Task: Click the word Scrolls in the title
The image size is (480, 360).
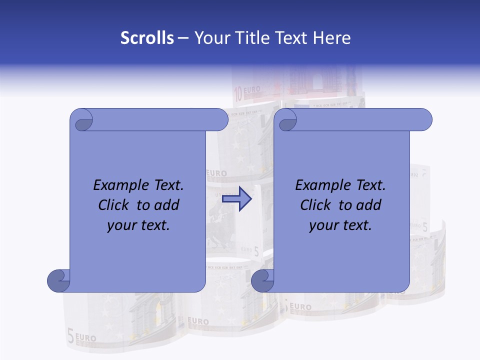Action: [x=147, y=38]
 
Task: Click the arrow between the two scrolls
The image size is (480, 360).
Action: [x=236, y=198]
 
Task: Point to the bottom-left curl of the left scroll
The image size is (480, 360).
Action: [x=58, y=280]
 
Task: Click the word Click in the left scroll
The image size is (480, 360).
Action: [x=114, y=205]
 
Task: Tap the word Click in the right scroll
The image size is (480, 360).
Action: [x=315, y=205]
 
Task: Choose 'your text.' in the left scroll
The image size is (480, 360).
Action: [x=138, y=225]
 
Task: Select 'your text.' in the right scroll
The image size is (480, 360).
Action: [x=340, y=225]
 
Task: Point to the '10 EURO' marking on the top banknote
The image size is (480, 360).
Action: [x=247, y=90]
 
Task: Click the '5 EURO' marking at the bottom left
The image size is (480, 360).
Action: [x=81, y=336]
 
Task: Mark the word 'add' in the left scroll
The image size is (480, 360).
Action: [x=167, y=205]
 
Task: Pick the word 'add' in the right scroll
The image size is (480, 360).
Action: [x=369, y=205]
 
